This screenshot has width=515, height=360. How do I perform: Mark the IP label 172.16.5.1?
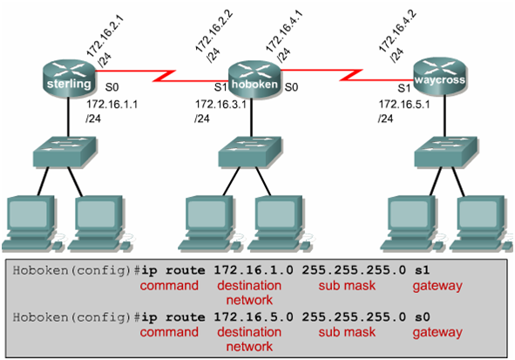pos(400,104)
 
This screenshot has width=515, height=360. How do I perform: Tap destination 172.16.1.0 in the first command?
pos(254,272)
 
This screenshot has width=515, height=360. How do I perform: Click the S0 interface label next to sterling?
pos(111,87)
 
